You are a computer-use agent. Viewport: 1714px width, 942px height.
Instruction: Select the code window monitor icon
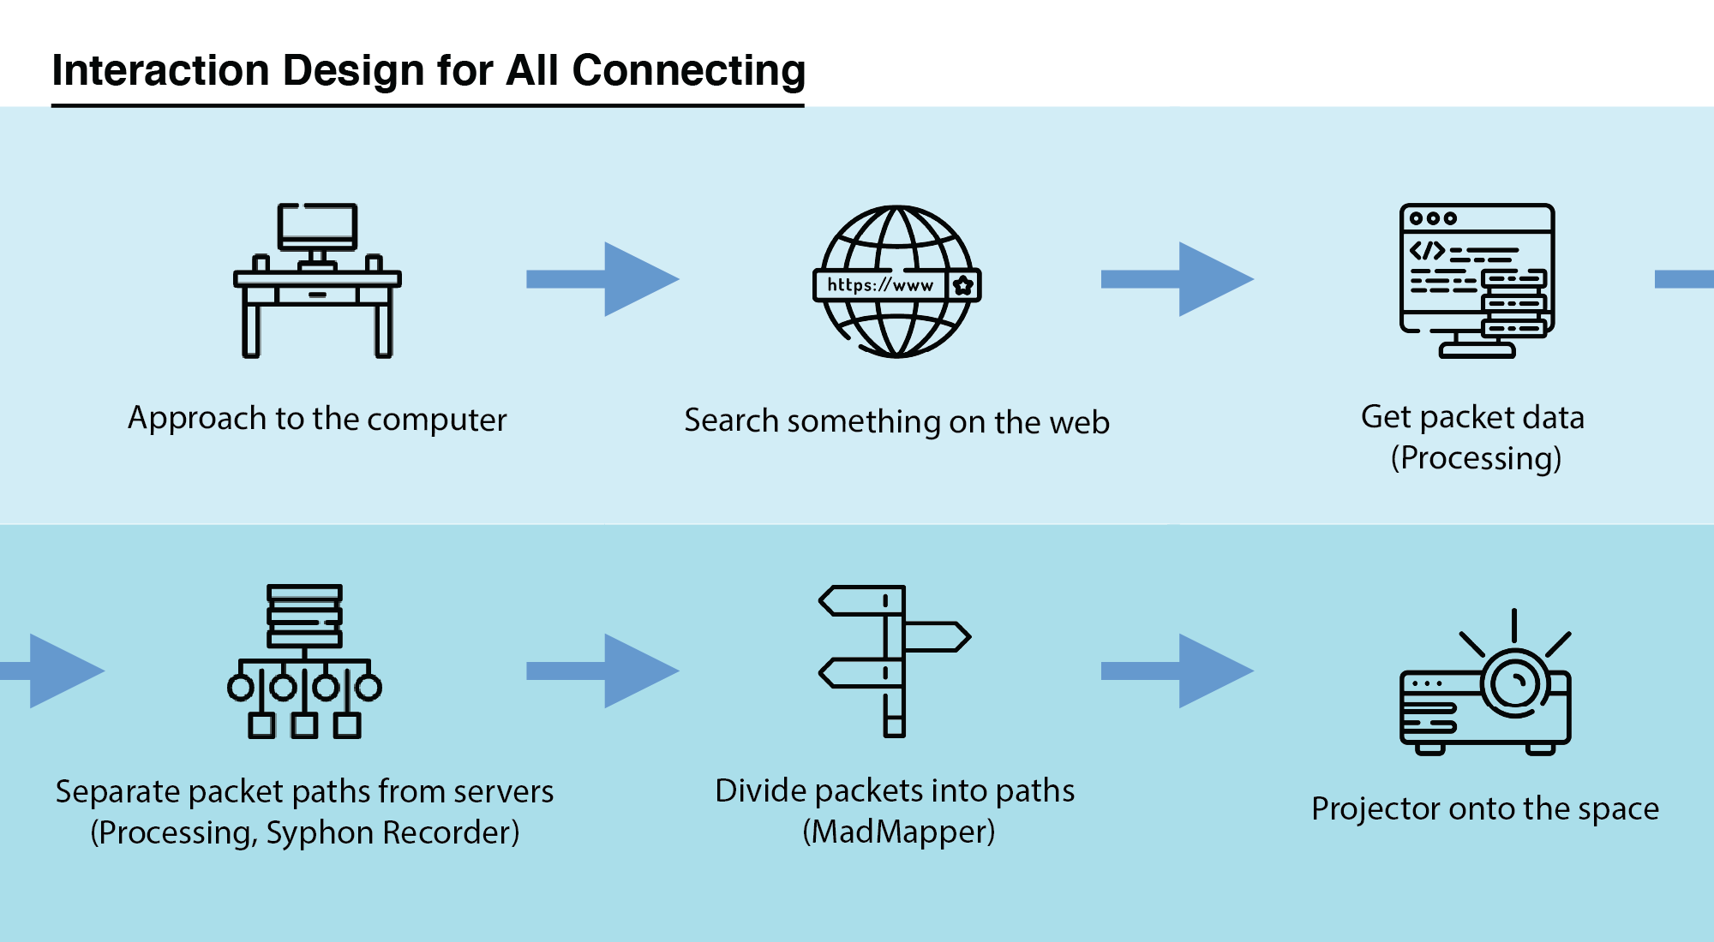click(1476, 280)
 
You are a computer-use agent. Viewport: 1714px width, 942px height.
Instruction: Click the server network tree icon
click(304, 661)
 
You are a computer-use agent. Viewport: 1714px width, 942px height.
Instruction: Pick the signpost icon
click(894, 661)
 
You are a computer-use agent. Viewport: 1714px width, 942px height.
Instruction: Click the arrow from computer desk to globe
click(602, 279)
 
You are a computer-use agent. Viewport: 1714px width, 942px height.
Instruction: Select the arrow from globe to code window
click(1177, 279)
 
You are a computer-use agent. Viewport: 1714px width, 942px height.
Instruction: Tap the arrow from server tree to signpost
click(602, 671)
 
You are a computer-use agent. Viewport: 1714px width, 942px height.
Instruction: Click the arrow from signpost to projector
click(1177, 671)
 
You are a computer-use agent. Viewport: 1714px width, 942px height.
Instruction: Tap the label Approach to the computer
click(317, 419)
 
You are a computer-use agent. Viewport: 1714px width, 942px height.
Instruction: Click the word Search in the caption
click(731, 420)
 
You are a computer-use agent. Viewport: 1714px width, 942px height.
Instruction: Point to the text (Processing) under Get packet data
click(1476, 458)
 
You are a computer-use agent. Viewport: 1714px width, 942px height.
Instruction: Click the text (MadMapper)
click(898, 832)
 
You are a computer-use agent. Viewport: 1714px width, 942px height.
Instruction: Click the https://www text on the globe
click(880, 285)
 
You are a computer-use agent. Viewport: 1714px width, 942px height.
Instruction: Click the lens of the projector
click(1515, 683)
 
